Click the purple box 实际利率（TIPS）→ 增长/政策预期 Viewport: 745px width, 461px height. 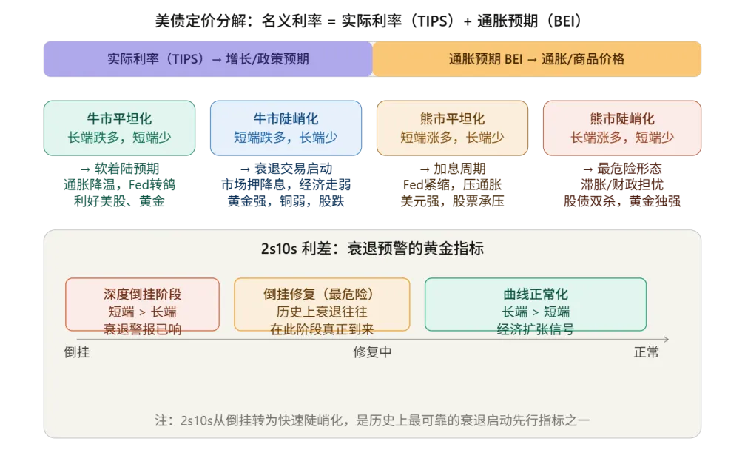(208, 59)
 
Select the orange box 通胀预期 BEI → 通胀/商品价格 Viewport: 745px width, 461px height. (536, 59)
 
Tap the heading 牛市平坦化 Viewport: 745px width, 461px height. (119, 119)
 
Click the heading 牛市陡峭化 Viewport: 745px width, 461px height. (286, 119)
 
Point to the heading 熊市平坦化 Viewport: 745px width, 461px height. (452, 119)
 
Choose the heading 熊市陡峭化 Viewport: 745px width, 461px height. (622, 119)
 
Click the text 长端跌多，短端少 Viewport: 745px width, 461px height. (119, 137)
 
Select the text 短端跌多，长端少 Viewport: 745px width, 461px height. (286, 137)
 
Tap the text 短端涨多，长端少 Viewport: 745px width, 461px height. (452, 137)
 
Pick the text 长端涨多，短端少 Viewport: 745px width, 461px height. (622, 137)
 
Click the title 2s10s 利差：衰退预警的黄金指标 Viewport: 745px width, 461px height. (372, 249)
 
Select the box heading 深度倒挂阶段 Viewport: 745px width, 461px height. (143, 294)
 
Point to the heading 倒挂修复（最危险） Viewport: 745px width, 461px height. (322, 294)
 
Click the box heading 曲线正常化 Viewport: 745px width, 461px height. (536, 294)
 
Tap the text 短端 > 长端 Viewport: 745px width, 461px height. (143, 312)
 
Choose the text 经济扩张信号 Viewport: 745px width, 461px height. (536, 329)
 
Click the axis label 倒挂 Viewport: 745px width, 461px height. (77, 353)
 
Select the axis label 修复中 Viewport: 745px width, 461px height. (372, 353)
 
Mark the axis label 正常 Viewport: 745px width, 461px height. (646, 353)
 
